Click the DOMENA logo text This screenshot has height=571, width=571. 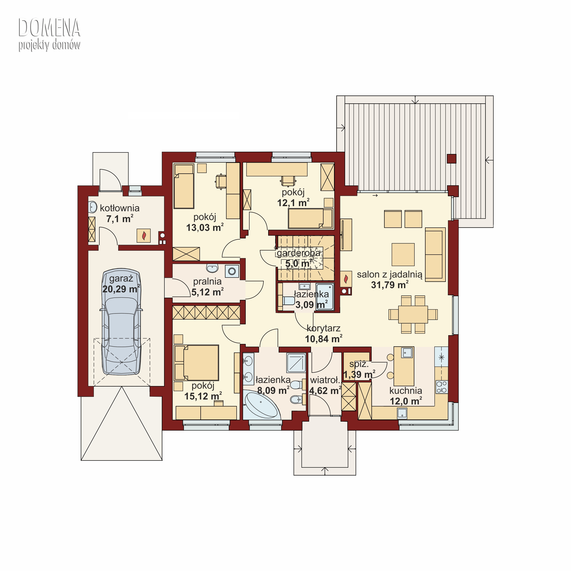coord(49,28)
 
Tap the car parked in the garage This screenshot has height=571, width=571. coord(121,322)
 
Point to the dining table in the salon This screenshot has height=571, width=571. coord(413,314)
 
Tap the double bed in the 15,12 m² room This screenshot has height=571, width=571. coord(197,363)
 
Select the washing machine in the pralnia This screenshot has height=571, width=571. coord(232,271)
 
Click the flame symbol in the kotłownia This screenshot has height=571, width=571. coord(144,236)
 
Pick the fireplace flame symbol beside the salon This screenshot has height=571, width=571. coord(346,279)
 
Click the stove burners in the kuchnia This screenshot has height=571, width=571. coord(442,387)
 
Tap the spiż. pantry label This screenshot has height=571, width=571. coord(359,364)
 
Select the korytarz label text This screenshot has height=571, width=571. coord(323,328)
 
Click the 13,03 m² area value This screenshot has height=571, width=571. coord(205,228)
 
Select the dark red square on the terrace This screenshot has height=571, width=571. coord(452,159)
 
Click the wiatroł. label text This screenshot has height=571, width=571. coord(325,380)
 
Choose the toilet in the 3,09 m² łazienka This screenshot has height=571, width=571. coord(289,301)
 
